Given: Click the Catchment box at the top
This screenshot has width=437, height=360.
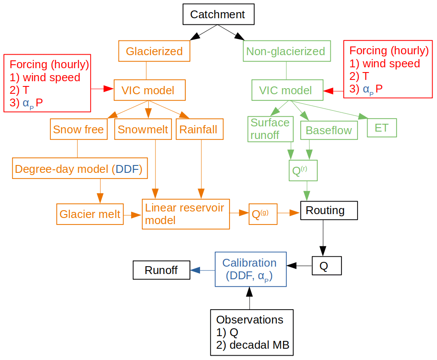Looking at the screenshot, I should [217, 15].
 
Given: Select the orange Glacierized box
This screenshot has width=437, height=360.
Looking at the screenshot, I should [154, 51].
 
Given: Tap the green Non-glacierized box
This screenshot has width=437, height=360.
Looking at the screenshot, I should [286, 51].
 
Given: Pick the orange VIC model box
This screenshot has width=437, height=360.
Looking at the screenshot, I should [149, 90].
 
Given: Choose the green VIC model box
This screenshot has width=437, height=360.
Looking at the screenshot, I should [287, 90].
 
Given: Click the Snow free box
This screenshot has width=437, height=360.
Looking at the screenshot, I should [79, 129].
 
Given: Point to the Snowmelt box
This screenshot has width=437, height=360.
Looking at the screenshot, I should [142, 129].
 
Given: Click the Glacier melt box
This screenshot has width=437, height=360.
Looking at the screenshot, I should [90, 214].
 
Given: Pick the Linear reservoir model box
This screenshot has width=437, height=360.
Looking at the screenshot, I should [185, 214].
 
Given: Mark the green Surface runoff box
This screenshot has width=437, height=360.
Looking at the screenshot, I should [270, 129].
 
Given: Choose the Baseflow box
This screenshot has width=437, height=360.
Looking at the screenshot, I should [329, 130].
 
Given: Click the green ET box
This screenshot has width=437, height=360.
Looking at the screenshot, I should [381, 128].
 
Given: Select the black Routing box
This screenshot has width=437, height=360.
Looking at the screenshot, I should [329, 211].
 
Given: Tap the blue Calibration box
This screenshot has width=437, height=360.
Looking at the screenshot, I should [250, 269].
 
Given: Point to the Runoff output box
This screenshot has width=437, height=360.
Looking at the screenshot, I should [161, 270].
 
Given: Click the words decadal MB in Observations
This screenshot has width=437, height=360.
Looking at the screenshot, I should [259, 346].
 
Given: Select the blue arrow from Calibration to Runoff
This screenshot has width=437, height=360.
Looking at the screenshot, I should [202, 270].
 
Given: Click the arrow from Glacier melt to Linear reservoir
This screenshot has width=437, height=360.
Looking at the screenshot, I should [133, 215].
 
